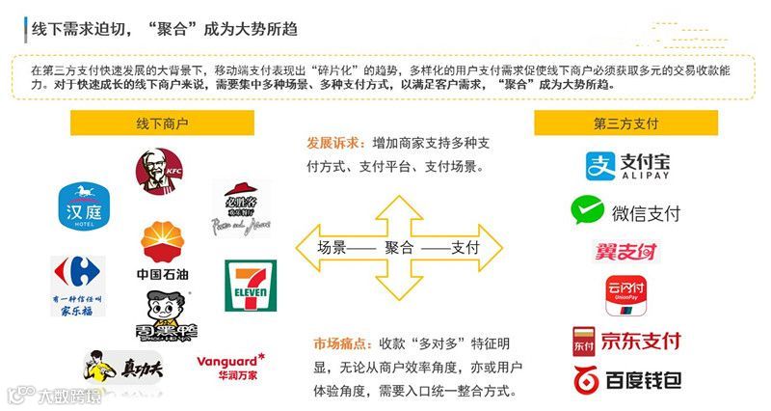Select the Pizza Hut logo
click(241, 206)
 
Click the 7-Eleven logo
click(250, 286)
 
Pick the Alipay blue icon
click(599, 166)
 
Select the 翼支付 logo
click(625, 253)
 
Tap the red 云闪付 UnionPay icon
click(625, 294)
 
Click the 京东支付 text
click(640, 340)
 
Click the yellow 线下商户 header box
click(162, 123)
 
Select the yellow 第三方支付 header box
click(626, 123)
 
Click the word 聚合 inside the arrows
click(399, 247)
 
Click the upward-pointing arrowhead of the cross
click(400, 205)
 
